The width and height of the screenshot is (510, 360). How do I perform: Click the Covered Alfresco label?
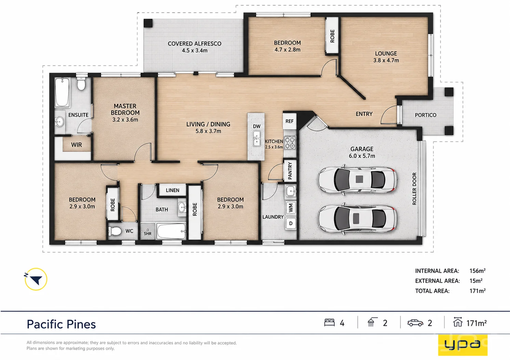[194, 43]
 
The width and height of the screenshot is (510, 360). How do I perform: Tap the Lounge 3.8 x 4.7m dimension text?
[386, 60]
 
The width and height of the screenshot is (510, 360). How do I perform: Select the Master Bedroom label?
[125, 109]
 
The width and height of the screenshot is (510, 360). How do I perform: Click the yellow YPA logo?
[462, 345]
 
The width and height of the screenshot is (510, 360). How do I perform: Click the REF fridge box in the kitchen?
[290, 121]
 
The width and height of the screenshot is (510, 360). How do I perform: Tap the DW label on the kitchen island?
[257, 126]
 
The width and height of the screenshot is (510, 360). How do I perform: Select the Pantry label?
[290, 171]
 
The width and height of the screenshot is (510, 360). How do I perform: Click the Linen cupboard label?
[172, 190]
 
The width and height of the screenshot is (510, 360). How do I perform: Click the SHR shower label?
[148, 234]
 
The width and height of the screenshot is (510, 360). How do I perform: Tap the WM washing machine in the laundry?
[291, 208]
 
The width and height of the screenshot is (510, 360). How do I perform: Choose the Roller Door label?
[414, 189]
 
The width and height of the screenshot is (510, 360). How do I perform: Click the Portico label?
[426, 115]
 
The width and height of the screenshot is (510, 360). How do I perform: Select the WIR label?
[76, 145]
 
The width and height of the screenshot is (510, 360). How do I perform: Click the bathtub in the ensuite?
[62, 92]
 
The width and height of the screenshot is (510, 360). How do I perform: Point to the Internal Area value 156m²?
[478, 271]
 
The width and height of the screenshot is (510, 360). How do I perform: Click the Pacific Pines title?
[61, 324]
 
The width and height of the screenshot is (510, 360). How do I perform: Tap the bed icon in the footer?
[329, 323]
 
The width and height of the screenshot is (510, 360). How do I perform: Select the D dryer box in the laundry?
[291, 223]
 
